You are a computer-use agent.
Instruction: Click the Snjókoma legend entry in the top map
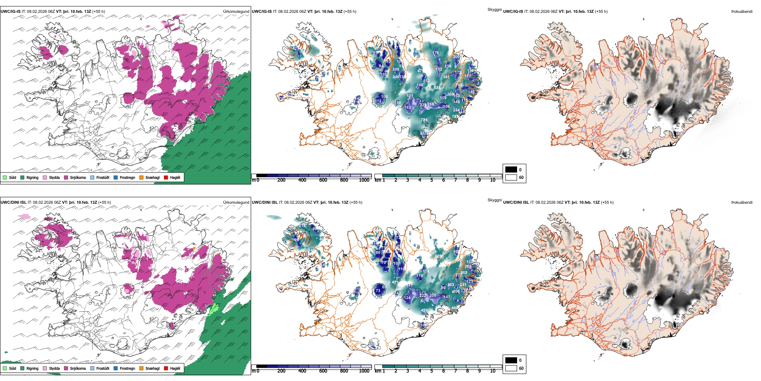point(78,177)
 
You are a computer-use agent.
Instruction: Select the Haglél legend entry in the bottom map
point(175,368)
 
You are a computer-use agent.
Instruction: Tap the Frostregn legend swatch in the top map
point(116,177)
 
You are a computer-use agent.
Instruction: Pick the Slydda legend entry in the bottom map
point(54,368)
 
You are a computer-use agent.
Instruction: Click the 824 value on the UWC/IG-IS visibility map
point(437,87)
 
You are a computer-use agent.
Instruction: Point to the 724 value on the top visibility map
point(424,120)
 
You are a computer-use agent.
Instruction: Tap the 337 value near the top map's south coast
point(423,134)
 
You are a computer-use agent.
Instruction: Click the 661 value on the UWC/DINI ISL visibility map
point(438,256)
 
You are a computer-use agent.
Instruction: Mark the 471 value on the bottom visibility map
point(395,282)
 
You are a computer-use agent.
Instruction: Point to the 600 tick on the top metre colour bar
point(323,180)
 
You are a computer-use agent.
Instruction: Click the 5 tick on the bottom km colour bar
point(431,371)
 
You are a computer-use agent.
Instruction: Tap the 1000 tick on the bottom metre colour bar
point(364,371)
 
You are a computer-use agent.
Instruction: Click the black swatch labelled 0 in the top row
point(511,170)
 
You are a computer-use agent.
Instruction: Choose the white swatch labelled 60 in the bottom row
point(511,368)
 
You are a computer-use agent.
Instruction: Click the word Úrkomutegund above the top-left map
point(236,12)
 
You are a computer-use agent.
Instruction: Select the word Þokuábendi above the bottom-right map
point(742,203)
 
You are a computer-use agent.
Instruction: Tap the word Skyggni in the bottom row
point(494,200)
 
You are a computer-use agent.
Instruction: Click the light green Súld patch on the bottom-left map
point(214,308)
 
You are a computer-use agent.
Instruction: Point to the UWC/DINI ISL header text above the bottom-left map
point(13,203)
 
